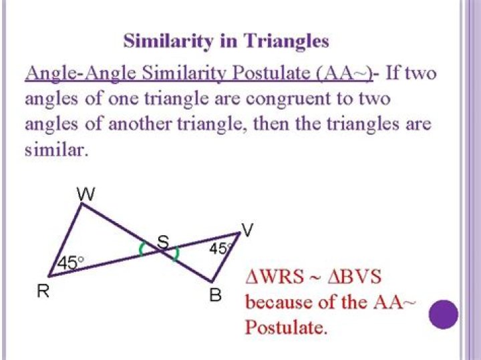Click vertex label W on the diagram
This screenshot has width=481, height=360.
(x=86, y=194)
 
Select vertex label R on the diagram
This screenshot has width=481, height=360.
(x=41, y=292)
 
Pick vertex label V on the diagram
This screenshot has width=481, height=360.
(x=247, y=230)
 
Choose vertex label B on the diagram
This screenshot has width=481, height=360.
(x=216, y=293)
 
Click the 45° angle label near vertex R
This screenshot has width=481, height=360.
(x=70, y=262)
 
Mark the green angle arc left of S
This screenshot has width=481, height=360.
(x=141, y=248)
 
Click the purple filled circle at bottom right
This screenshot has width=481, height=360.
(x=443, y=313)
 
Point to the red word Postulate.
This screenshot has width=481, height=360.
(x=285, y=327)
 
